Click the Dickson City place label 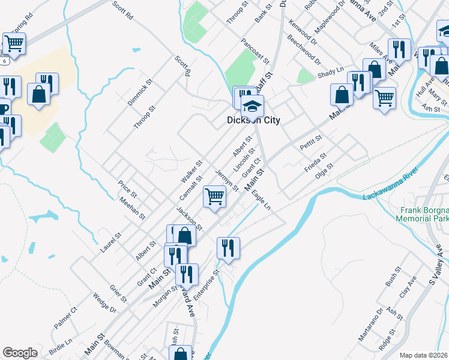coord(253,119)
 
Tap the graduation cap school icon coord(253,107)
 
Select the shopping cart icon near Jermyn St coord(214,196)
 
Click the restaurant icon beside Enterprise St coord(228,247)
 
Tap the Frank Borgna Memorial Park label coord(424,214)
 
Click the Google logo coord(20,353)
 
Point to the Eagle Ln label coord(261,200)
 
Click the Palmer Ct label coord(65,318)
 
